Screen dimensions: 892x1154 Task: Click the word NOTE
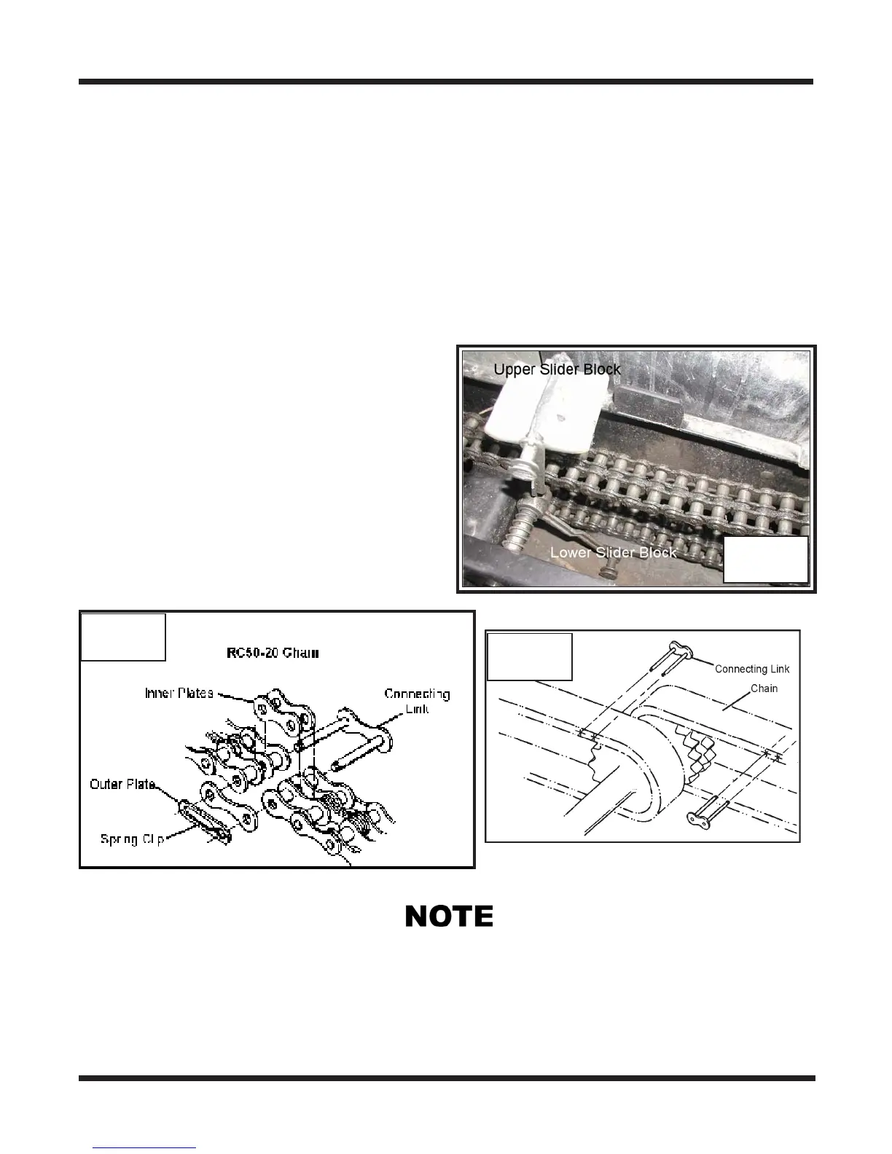(449, 916)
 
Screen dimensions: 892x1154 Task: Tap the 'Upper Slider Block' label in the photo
(557, 369)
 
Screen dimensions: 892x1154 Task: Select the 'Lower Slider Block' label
(613, 552)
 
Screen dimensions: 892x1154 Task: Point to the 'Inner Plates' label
(179, 692)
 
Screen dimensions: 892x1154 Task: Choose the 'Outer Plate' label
(122, 784)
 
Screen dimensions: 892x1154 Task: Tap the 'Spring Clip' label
(130, 839)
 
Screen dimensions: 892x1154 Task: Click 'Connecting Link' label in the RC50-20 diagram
(417, 700)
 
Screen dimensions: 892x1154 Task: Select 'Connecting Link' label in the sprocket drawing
(751, 669)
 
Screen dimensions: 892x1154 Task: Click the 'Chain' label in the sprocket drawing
(764, 688)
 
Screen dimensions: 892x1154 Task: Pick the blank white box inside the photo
(765, 560)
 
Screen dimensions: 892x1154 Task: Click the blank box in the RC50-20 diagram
(122, 637)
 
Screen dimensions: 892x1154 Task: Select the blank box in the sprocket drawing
(529, 656)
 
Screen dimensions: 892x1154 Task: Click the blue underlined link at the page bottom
(145, 1149)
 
